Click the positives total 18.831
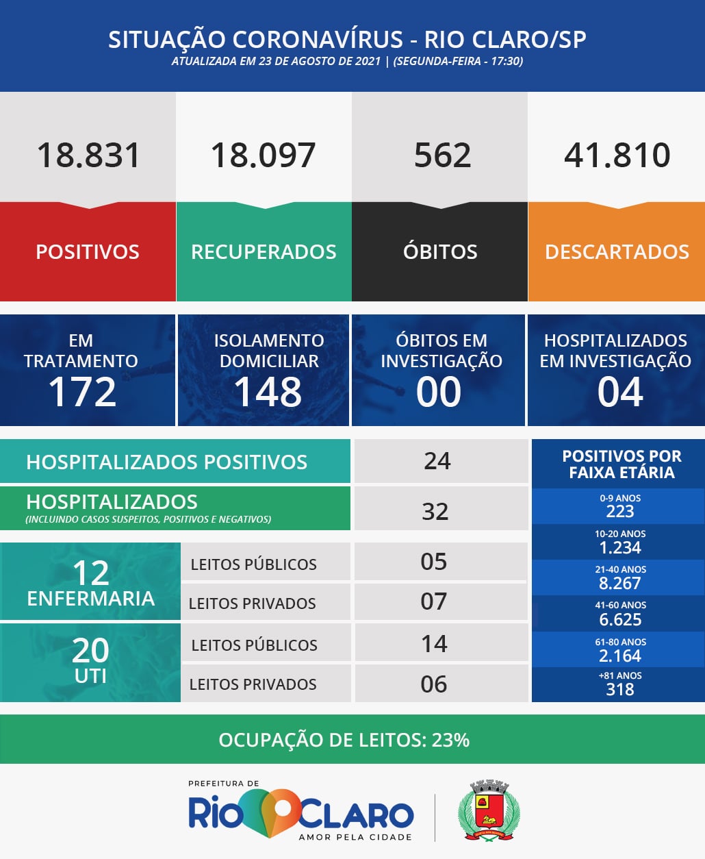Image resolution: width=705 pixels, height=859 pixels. pos(88,155)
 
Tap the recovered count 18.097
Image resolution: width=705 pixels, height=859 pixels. pos(264,155)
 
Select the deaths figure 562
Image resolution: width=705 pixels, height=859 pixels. pos(442,155)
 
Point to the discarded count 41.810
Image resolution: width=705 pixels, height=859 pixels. pos(617,155)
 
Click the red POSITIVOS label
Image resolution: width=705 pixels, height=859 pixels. pos(88,251)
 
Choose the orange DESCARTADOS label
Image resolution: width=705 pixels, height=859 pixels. pos(617,251)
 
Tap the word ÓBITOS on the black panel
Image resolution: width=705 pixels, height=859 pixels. pos(440,251)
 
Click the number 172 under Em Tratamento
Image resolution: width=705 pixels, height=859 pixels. pos(82,392)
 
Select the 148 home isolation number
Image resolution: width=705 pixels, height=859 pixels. pos(268,392)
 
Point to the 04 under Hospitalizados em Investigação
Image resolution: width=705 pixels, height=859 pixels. pos(620,392)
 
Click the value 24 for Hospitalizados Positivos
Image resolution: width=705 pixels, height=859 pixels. pos(437,461)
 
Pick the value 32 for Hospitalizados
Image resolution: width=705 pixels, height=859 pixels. pos(435,511)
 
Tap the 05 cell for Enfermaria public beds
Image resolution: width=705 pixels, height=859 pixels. pos(434,562)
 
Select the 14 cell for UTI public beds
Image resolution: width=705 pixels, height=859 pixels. pos(434,644)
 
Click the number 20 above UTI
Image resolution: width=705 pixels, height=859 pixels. pos(90,650)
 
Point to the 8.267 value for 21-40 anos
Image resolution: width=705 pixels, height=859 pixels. pos(619,584)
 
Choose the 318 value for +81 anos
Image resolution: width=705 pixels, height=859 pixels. pos(619,690)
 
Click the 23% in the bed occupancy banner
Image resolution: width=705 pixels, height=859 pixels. pos(450,740)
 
